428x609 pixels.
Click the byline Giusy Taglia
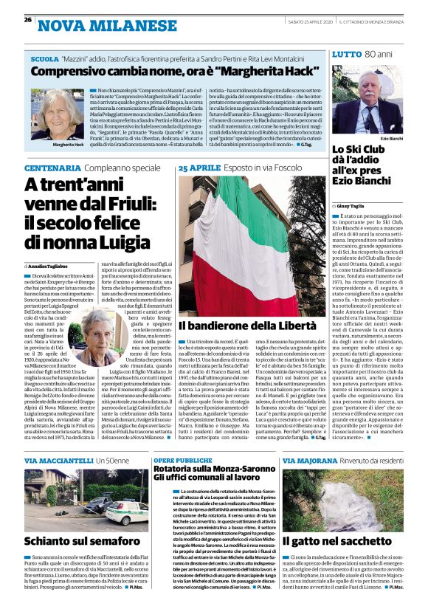pos(353,204)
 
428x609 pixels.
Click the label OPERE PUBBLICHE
pos(182,458)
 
